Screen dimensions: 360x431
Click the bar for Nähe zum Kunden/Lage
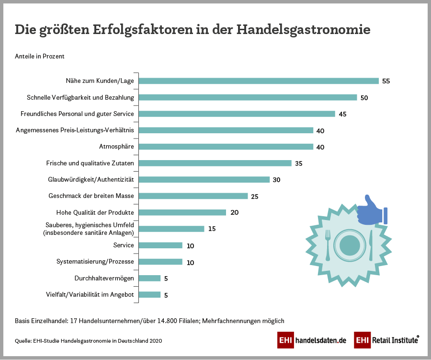(259, 81)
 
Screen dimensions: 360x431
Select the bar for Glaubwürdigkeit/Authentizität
(204, 180)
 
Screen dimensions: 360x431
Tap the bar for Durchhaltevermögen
(149, 278)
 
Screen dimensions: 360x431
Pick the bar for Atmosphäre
(226, 147)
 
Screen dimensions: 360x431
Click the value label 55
(386, 81)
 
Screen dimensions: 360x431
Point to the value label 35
(299, 163)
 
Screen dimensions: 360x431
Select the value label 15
(212, 229)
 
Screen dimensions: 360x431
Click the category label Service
(124, 245)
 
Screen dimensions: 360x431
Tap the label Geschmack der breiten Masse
(91, 196)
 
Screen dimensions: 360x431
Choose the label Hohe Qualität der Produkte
(95, 212)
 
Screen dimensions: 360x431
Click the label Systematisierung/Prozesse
(95, 262)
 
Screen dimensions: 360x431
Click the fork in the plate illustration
(328, 244)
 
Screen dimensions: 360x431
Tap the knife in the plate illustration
(371, 244)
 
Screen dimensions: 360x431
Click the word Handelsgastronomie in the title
(303, 29)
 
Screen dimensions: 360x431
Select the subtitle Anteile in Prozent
(40, 56)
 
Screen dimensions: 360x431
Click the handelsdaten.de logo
(312, 340)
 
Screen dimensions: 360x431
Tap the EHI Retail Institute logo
(386, 340)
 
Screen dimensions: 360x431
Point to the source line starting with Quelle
(89, 341)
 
